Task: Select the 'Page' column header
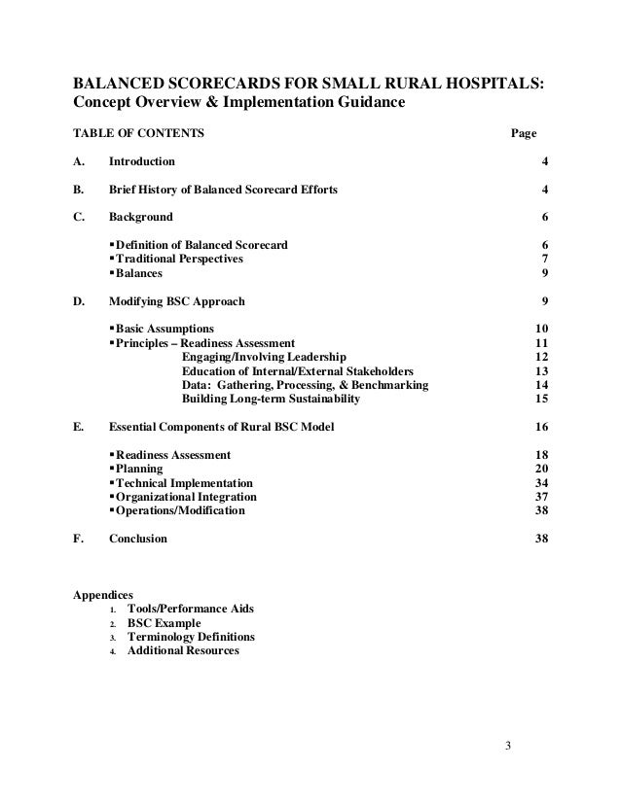click(x=525, y=132)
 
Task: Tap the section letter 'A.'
click(x=81, y=160)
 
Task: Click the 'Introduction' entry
click(x=142, y=160)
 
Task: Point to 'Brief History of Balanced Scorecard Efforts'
click(x=224, y=189)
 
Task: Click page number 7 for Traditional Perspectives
click(x=543, y=260)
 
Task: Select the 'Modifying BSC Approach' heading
click(x=176, y=301)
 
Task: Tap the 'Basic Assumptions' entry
click(x=164, y=330)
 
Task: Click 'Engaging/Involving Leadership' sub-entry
click(x=263, y=358)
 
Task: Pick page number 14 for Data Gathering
click(x=541, y=385)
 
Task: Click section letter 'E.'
click(x=81, y=427)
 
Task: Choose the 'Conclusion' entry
click(x=137, y=539)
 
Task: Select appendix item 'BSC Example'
click(x=164, y=623)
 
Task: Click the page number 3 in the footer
click(x=508, y=747)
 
